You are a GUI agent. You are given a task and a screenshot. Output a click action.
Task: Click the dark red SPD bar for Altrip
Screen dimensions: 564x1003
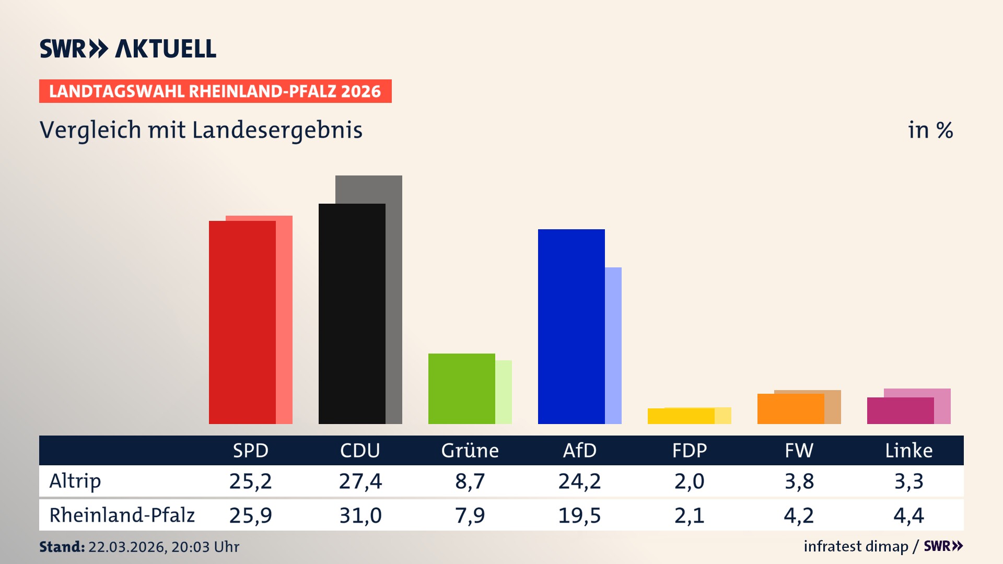[x=242, y=322]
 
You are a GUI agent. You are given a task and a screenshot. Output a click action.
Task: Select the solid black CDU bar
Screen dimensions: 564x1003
[x=352, y=313]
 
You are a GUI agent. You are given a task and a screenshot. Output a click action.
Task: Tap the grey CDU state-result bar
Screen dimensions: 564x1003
[x=394, y=298]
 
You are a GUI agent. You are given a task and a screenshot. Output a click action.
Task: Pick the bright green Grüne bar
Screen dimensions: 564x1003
[x=461, y=389]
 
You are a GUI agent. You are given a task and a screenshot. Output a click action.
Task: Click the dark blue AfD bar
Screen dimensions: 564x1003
[x=571, y=326]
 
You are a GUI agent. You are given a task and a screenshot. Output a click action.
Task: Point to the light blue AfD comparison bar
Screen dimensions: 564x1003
[x=613, y=345]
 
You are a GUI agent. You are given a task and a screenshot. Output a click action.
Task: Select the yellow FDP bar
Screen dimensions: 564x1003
[x=681, y=416]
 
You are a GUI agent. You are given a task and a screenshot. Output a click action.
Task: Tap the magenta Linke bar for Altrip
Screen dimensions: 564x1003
[x=900, y=410]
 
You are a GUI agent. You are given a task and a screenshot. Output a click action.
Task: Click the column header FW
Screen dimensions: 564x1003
[x=799, y=451]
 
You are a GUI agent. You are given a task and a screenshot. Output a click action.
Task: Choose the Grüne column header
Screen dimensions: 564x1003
[x=470, y=451]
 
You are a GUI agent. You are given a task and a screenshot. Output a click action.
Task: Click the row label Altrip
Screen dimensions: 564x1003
[x=75, y=481]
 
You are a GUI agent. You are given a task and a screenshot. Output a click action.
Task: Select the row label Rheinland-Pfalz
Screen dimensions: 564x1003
[x=122, y=515]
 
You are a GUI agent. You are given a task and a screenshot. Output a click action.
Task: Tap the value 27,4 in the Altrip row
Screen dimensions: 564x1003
[x=360, y=481]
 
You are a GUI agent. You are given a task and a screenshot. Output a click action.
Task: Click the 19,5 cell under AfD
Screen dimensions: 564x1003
[x=579, y=515]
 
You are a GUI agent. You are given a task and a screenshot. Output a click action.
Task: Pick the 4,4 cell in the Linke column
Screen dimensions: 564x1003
[x=908, y=515]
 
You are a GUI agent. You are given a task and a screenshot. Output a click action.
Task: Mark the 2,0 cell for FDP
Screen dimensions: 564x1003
[x=689, y=481]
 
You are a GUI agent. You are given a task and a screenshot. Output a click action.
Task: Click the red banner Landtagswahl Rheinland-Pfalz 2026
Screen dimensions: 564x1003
[x=215, y=91]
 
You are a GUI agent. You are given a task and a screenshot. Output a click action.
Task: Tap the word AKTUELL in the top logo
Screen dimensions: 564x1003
[x=165, y=49]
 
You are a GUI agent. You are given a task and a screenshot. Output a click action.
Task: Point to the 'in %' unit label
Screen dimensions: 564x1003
[x=930, y=130]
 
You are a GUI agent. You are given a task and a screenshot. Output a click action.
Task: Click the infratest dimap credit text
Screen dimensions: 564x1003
[x=856, y=546]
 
